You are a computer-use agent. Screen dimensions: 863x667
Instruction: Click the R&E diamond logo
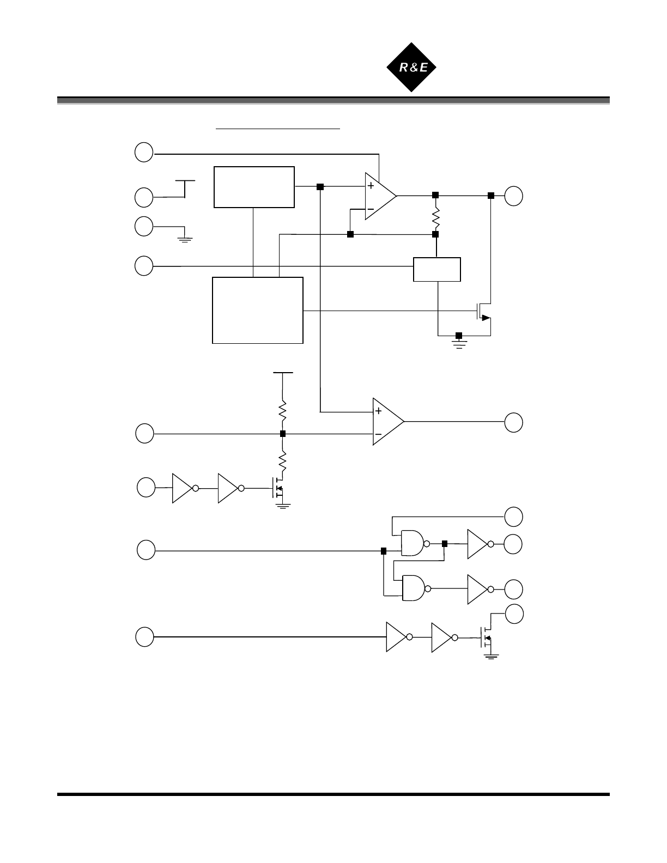click(411, 67)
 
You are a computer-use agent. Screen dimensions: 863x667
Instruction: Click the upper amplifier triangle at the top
click(379, 196)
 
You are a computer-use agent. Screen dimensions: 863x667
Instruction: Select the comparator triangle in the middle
click(386, 422)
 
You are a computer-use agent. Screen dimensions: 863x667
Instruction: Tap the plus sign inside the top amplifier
click(371, 186)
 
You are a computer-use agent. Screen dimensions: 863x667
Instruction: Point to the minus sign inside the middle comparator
click(378, 434)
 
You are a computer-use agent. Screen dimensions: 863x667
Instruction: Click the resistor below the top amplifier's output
click(435, 217)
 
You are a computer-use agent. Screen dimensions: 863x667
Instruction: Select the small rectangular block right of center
click(437, 269)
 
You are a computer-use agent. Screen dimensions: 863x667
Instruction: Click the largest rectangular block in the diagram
click(257, 310)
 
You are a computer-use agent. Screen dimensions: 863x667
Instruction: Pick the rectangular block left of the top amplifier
click(254, 187)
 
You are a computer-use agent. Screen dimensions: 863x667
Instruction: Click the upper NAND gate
click(413, 543)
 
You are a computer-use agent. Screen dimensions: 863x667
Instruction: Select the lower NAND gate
click(414, 588)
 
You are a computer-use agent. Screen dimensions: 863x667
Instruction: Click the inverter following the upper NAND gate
click(478, 544)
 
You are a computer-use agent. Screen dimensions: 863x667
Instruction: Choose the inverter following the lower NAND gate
click(478, 589)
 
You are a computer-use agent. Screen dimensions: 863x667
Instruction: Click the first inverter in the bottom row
click(397, 636)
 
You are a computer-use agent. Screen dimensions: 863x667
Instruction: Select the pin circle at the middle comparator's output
click(513, 422)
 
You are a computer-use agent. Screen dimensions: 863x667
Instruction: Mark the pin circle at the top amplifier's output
click(513, 196)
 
